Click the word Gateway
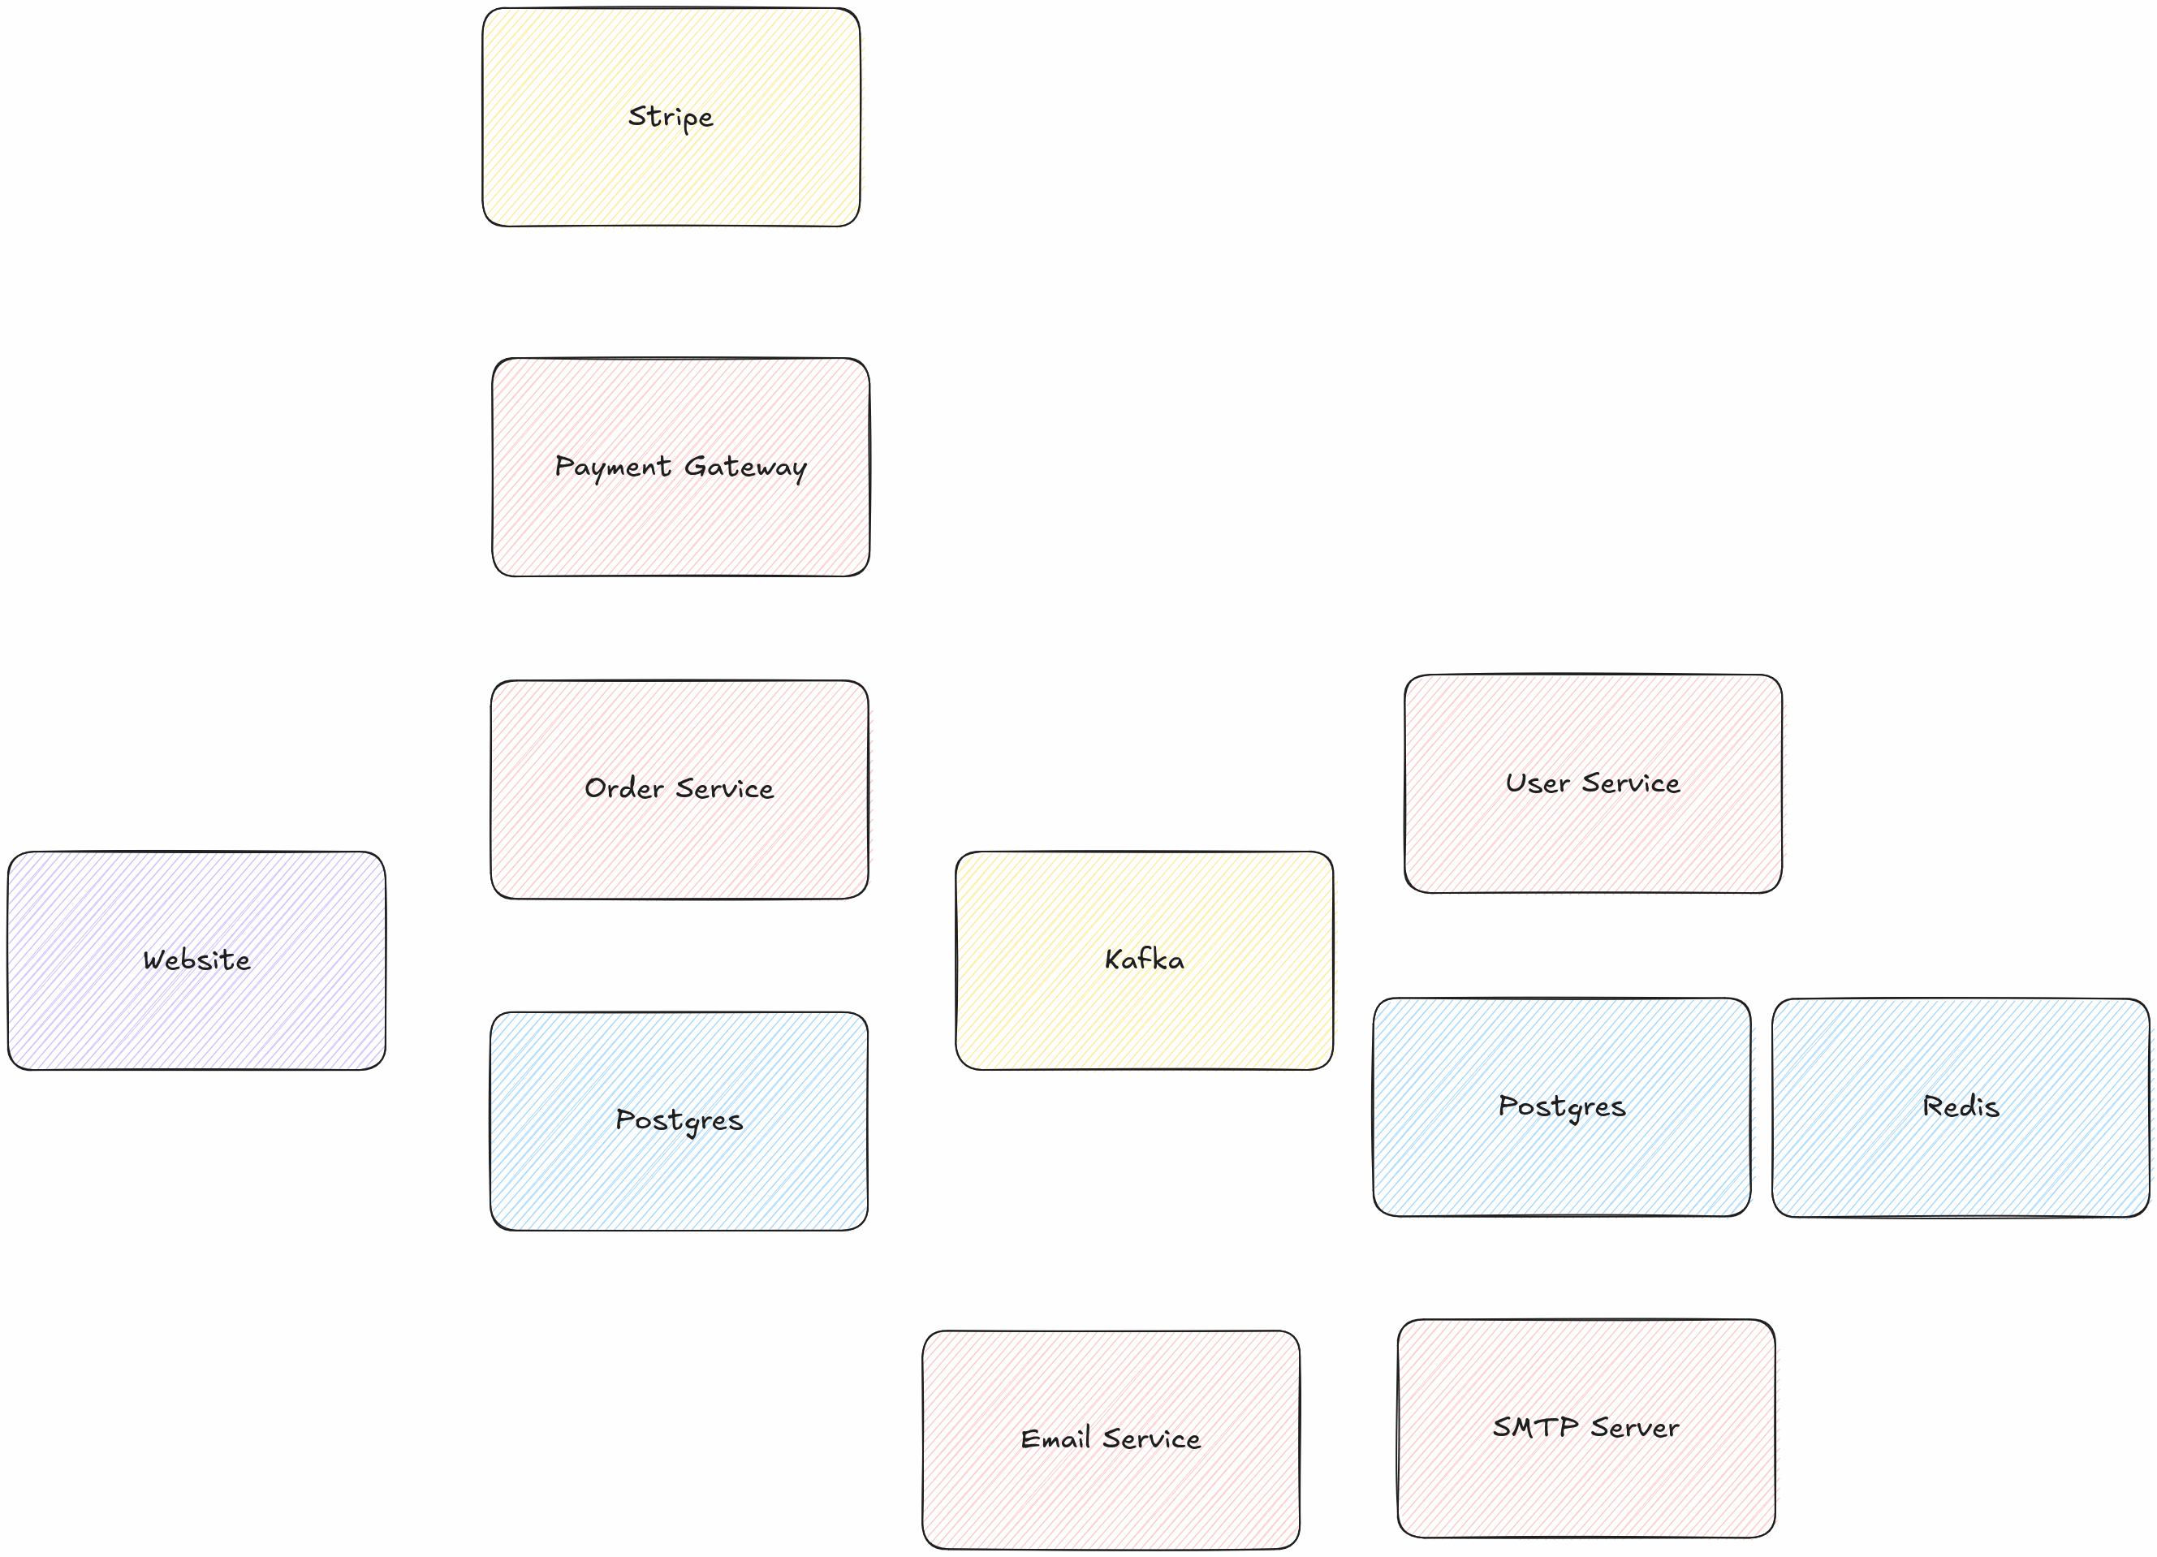click(744, 467)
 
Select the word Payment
click(612, 467)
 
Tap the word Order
click(624, 788)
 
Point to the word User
click(1537, 783)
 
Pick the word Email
click(1055, 1439)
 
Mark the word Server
click(1635, 1428)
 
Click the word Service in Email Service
click(1152, 1439)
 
